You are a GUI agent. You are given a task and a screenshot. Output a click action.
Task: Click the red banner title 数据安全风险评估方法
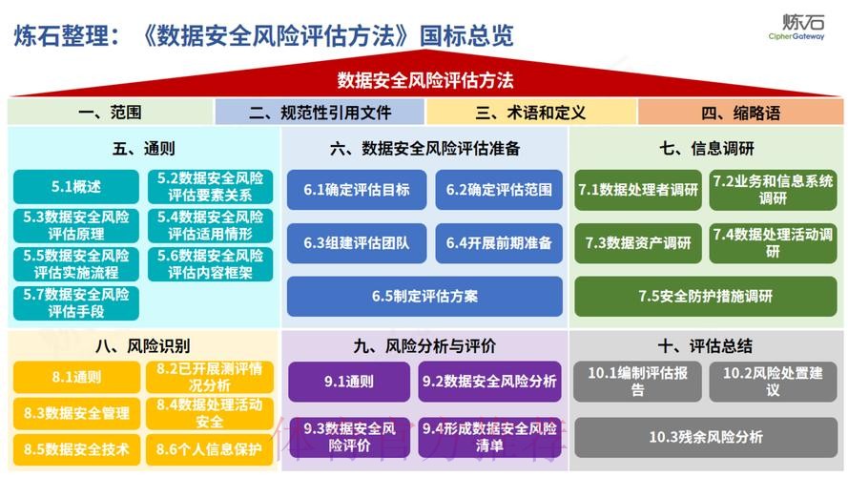(424, 80)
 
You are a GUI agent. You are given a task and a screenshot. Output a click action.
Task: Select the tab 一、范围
(111, 113)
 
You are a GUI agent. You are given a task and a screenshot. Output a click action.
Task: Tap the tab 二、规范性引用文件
(321, 113)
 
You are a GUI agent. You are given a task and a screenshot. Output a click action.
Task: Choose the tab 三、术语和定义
(530, 113)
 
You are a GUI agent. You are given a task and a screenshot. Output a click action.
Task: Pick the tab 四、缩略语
(740, 113)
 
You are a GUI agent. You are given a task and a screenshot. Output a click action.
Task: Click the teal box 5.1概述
(76, 187)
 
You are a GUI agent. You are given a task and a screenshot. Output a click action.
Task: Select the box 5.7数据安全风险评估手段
(76, 302)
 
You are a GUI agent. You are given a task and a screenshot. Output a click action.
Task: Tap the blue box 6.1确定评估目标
(357, 190)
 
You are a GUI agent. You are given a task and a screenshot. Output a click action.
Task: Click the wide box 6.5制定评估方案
(424, 296)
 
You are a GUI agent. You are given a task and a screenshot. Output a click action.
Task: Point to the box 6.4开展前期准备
(499, 243)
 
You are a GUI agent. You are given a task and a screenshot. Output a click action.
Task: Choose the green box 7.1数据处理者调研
(638, 190)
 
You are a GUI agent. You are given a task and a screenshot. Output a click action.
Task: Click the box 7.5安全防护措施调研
(706, 296)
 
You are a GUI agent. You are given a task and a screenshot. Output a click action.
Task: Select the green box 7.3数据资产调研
(638, 243)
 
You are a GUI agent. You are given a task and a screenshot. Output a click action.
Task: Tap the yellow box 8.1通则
(76, 377)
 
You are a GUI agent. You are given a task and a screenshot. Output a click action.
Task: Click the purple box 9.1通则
(348, 382)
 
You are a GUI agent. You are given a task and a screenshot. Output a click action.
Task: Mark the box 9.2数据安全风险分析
(489, 382)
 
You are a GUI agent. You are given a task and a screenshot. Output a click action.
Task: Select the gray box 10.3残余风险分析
(706, 437)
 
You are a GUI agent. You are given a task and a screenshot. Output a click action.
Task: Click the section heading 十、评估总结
(706, 345)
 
